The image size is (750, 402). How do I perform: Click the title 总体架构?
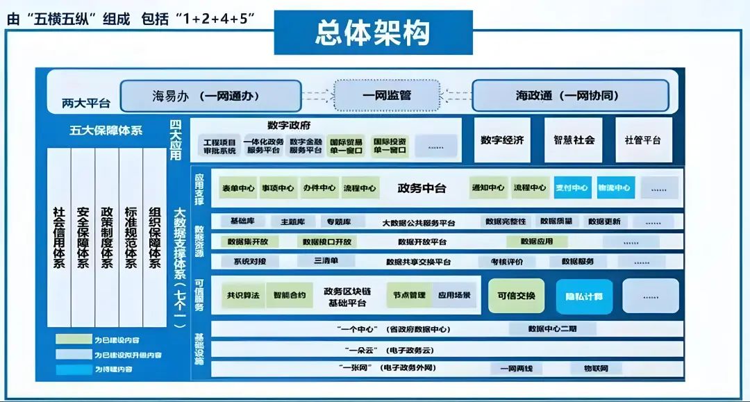[373, 33]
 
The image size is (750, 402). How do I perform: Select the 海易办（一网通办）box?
[210, 96]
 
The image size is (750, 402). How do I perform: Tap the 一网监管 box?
[387, 95]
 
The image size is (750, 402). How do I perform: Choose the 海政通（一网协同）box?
[570, 96]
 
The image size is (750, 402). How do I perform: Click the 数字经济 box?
[502, 140]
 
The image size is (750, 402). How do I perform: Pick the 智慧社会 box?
[574, 140]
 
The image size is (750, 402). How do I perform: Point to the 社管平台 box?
[643, 140]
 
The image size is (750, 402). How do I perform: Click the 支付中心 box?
[572, 187]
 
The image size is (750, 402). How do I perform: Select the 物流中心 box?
[615, 187]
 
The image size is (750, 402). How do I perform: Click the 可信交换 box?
[516, 296]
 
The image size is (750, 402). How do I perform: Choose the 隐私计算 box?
[584, 296]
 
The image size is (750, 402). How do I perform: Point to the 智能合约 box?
[289, 295]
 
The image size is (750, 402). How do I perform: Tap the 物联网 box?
[596, 368]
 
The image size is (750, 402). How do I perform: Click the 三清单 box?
[326, 260]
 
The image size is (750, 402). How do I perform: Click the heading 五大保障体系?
[106, 130]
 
